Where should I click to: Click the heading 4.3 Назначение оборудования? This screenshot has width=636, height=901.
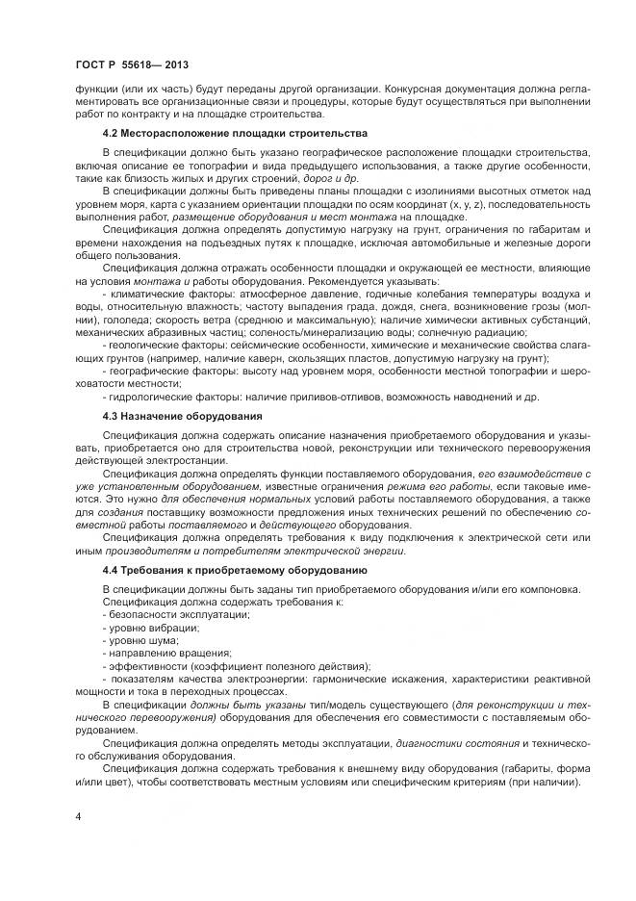coord(182,415)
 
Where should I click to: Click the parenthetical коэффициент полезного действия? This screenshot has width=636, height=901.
coord(293,665)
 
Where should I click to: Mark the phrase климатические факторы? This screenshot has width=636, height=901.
coord(164,293)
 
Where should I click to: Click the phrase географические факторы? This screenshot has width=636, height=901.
coord(164,370)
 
